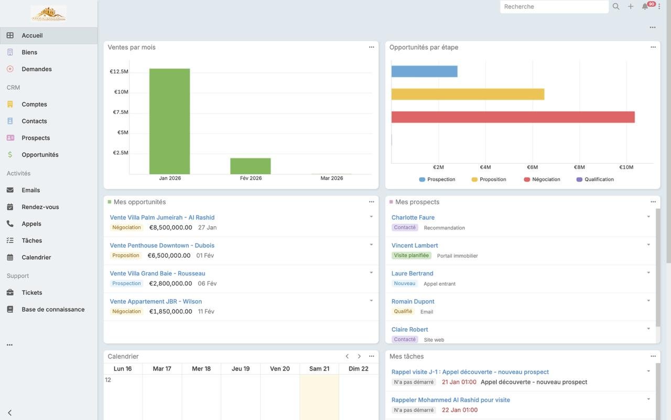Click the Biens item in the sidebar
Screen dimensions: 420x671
pyautogui.click(x=29, y=52)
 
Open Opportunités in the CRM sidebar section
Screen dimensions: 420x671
pyautogui.click(x=40, y=154)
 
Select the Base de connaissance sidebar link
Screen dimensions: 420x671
pyautogui.click(x=53, y=309)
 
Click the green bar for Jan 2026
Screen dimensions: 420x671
pyautogui.click(x=169, y=121)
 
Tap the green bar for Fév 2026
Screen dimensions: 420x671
pyautogui.click(x=250, y=166)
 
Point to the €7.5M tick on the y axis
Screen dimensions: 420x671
pyautogui.click(x=121, y=112)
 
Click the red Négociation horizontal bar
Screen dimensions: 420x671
pyautogui.click(x=513, y=117)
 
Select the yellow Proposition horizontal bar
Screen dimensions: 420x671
pyautogui.click(x=468, y=94)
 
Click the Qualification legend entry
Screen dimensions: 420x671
pyautogui.click(x=599, y=180)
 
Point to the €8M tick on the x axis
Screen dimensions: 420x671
pyautogui.click(x=579, y=167)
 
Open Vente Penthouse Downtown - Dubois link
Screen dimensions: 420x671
pyautogui.click(x=162, y=245)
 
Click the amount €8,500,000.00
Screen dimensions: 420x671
pyautogui.click(x=171, y=227)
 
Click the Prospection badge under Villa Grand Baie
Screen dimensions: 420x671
pyautogui.click(x=127, y=283)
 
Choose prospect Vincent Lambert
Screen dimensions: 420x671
pyautogui.click(x=415, y=245)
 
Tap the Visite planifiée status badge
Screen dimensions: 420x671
pyautogui.click(x=412, y=256)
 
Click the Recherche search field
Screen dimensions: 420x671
pyautogui.click(x=554, y=7)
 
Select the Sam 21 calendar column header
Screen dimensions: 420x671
pyautogui.click(x=319, y=369)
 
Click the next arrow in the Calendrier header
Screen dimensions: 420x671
pyautogui.click(x=359, y=356)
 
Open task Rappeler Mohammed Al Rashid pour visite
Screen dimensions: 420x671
pyautogui.click(x=450, y=400)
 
